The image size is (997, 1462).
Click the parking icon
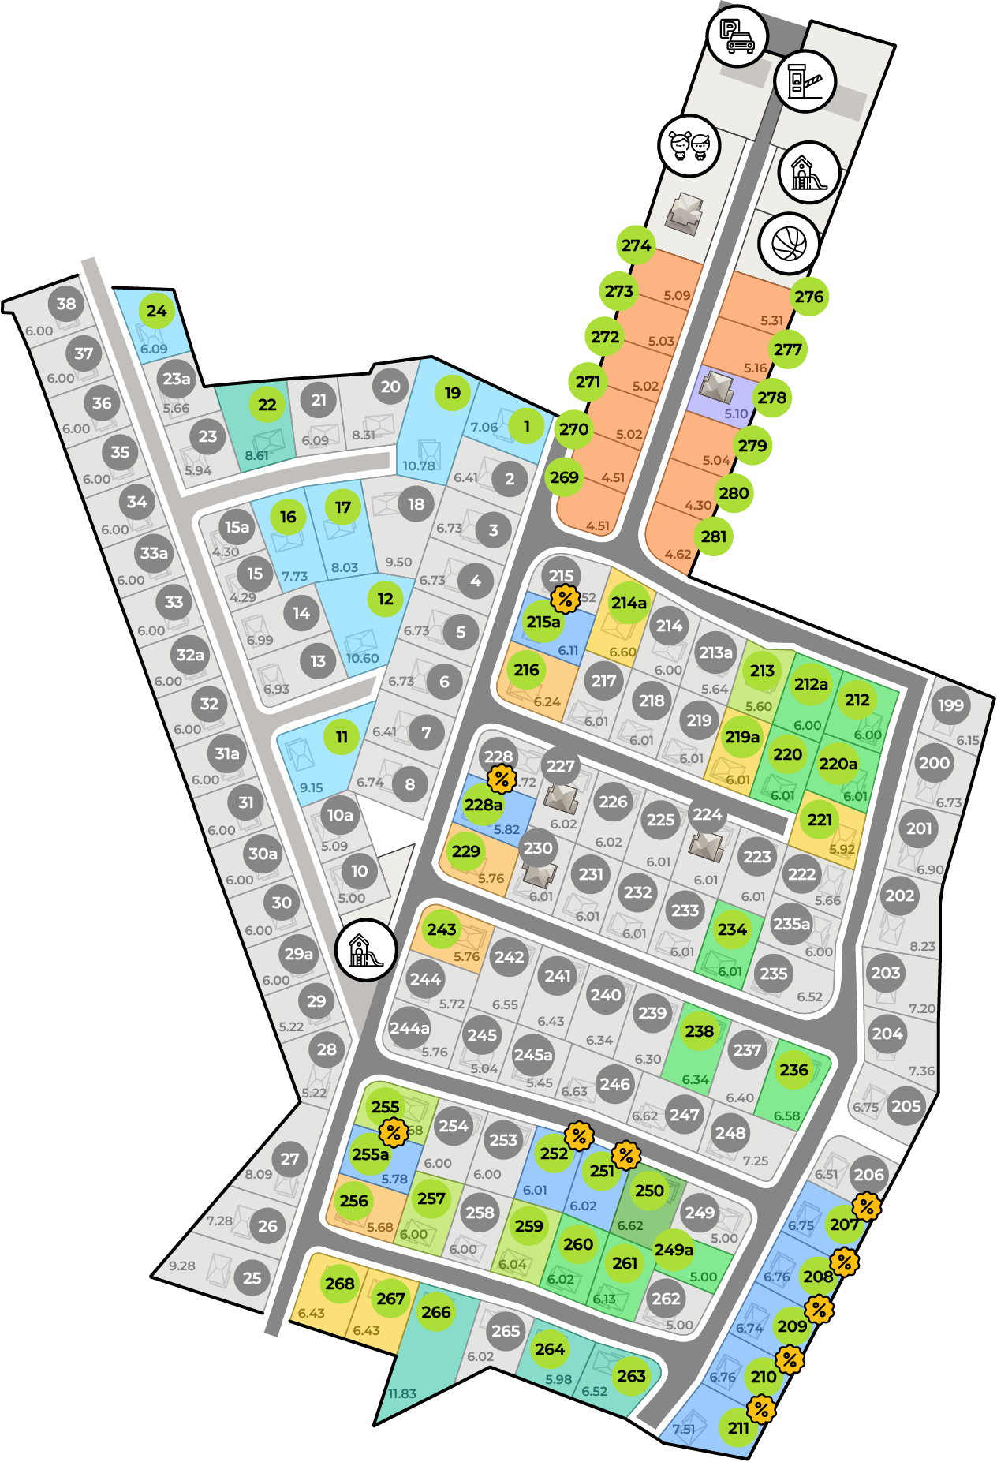click(736, 36)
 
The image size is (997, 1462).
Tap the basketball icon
click(789, 243)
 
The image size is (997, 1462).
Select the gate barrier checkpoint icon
click(805, 81)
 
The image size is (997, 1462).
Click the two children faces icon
click(689, 145)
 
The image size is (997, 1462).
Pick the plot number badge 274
click(636, 245)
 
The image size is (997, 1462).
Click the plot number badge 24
click(157, 311)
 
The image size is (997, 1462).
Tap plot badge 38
click(66, 304)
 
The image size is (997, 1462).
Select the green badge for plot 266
click(436, 1312)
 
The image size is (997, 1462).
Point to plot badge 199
click(950, 705)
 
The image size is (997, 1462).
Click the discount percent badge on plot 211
click(761, 1408)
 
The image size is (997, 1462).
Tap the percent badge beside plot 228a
click(502, 780)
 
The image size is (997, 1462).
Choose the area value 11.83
click(402, 1394)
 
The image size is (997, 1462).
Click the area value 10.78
click(418, 466)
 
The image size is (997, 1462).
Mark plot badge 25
click(252, 1278)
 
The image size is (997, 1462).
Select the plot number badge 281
click(713, 537)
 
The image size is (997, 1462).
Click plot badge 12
click(385, 599)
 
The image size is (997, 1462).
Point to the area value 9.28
click(182, 1266)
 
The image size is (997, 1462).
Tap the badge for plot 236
click(793, 1070)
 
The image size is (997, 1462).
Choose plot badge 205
click(906, 1106)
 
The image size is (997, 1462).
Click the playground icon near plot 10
click(365, 950)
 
